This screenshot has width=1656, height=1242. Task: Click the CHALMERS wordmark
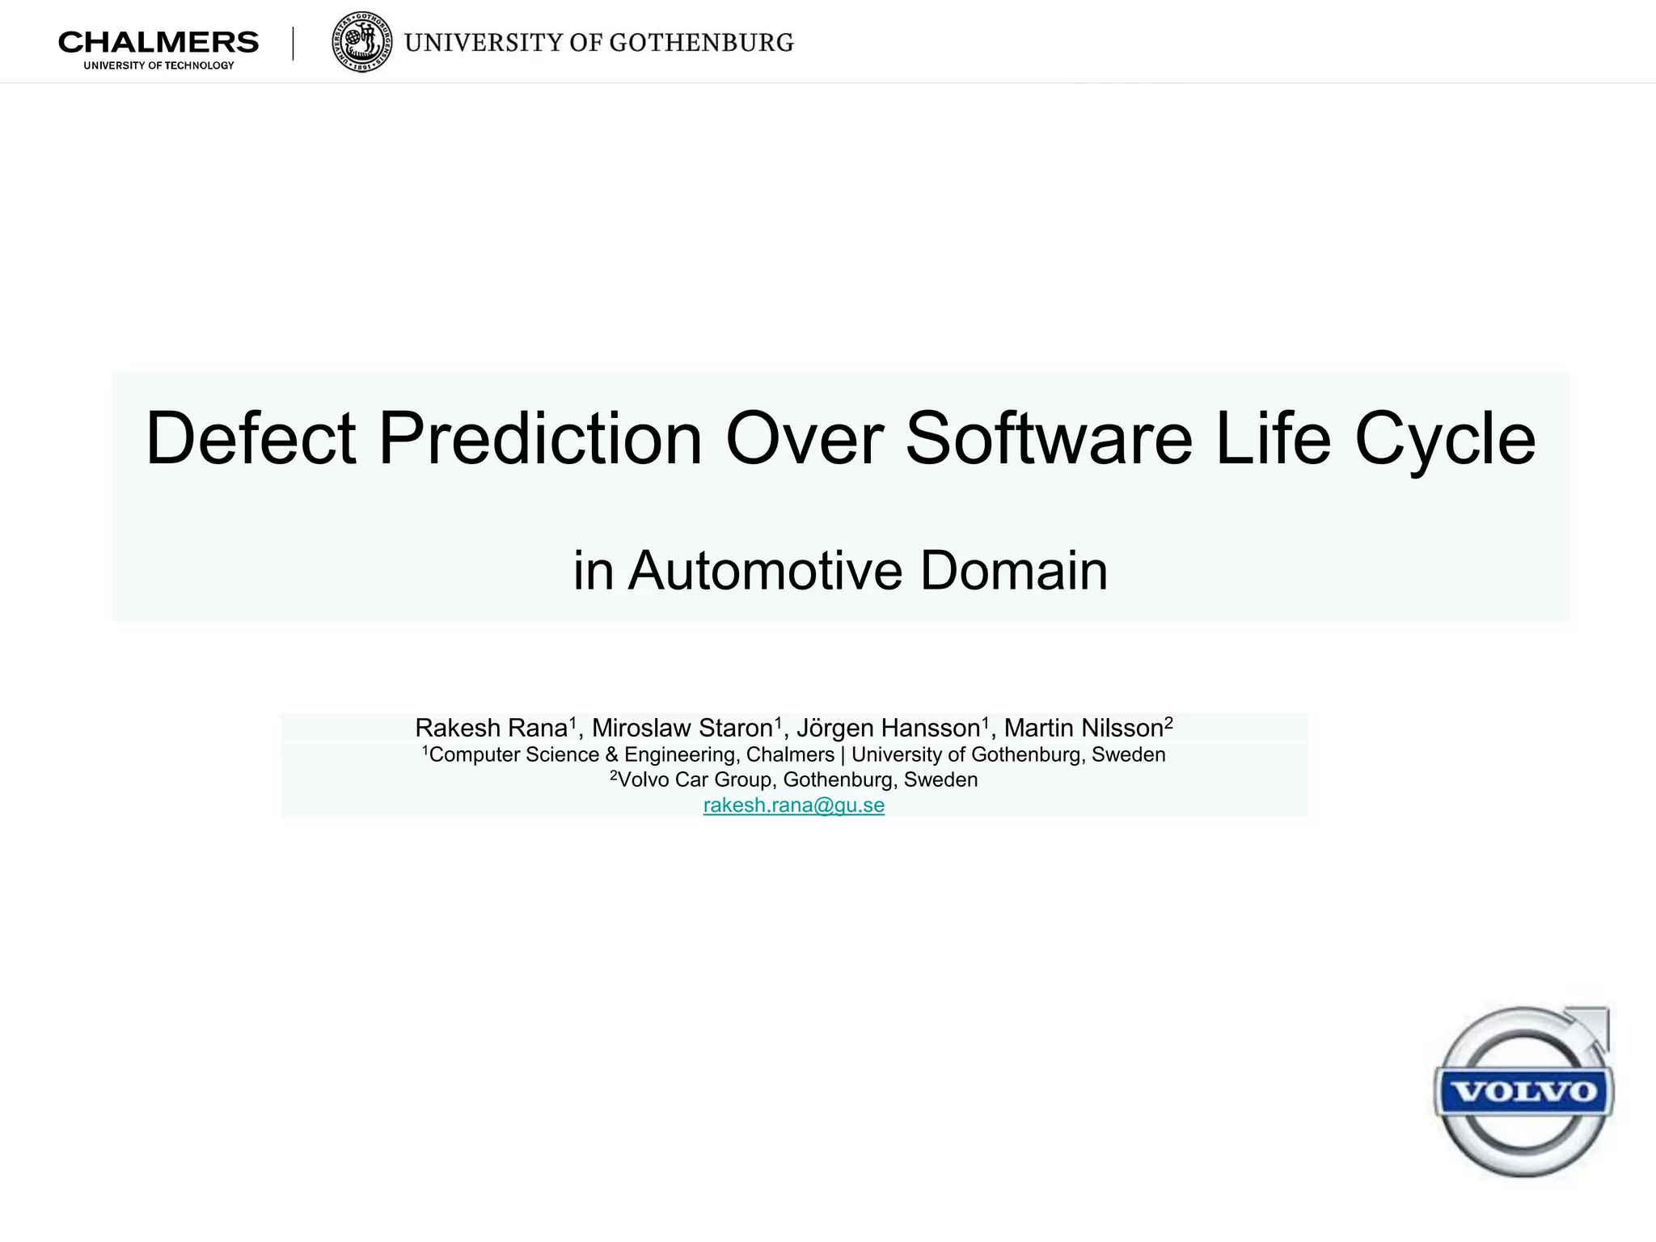coord(158,42)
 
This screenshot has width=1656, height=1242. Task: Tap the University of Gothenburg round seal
coord(362,42)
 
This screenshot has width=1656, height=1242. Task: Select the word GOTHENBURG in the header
coord(701,43)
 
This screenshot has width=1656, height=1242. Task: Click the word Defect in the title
coord(250,438)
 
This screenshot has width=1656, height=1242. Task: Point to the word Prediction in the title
coord(540,438)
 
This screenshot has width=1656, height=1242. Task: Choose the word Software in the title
coord(1049,438)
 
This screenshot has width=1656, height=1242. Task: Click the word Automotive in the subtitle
coord(764,571)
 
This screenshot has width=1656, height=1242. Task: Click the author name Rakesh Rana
coord(492,728)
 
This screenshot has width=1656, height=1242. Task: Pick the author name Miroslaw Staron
coord(682,728)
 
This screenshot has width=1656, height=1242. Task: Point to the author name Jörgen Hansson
coord(888,729)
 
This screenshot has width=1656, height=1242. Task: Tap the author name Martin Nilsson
coord(1084,728)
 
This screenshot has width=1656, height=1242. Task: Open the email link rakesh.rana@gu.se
coord(793,805)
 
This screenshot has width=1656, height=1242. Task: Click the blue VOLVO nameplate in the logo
coord(1524,1092)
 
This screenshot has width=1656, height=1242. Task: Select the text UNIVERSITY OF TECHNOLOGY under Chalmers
coord(158,65)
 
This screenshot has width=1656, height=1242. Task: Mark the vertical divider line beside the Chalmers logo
coord(293,44)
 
